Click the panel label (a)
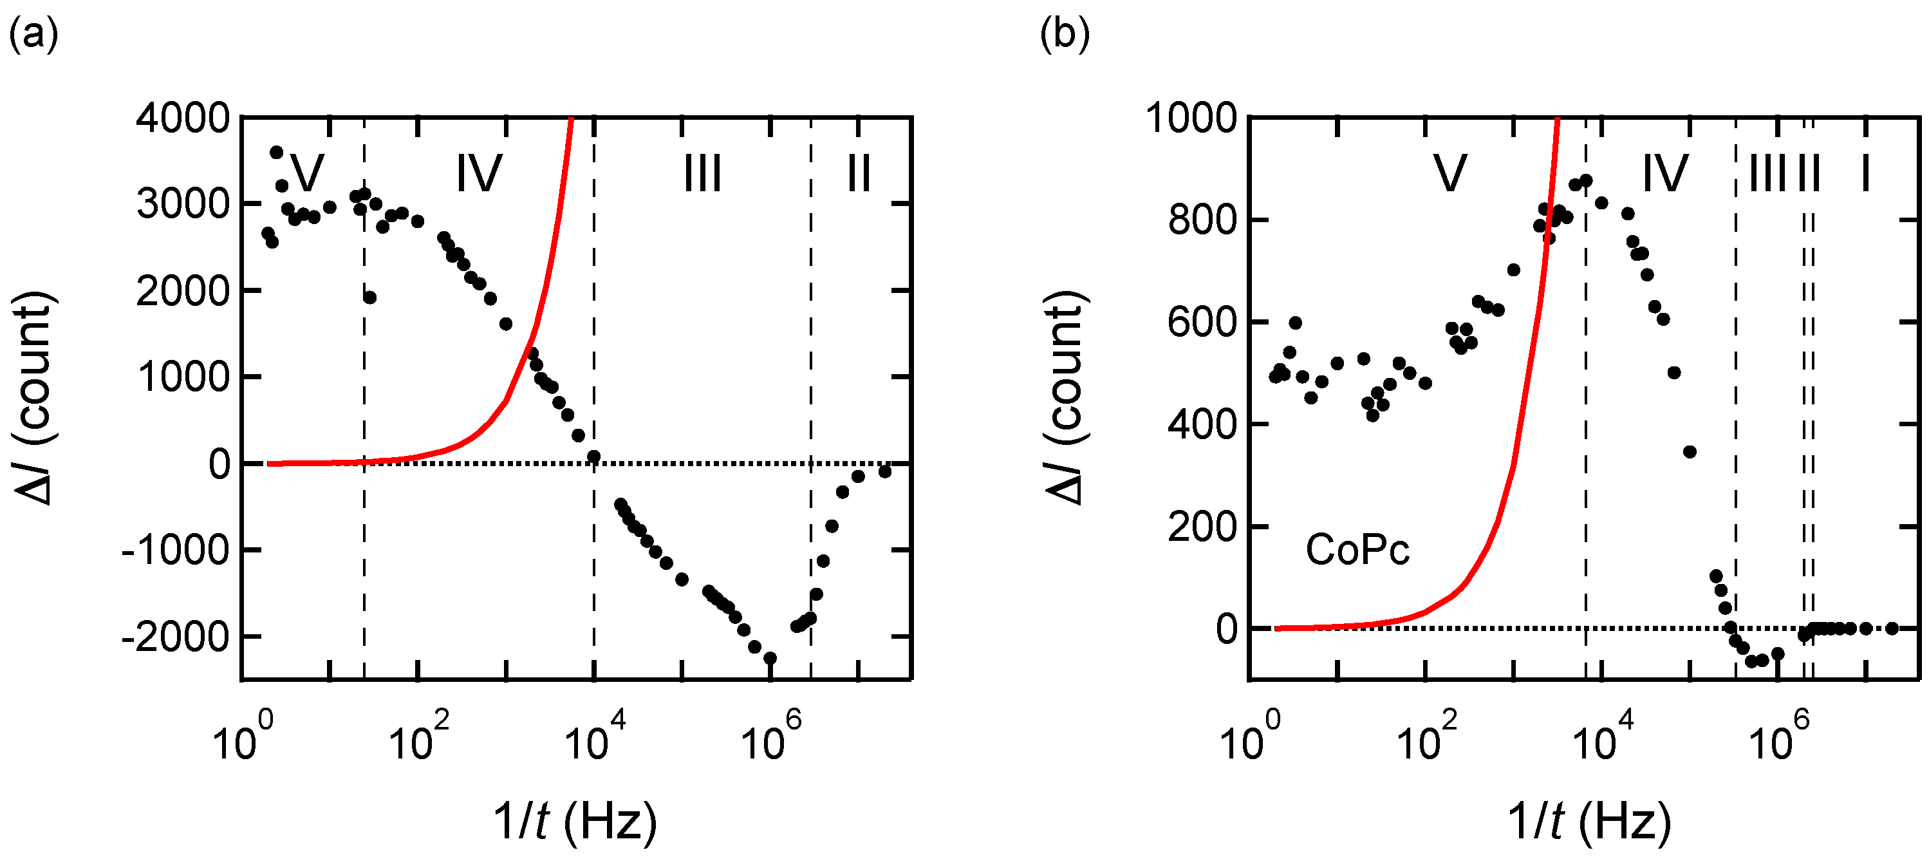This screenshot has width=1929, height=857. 33,35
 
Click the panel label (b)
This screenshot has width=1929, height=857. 1064,35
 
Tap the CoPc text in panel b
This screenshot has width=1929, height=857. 1357,551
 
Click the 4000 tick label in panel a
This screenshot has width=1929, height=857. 182,118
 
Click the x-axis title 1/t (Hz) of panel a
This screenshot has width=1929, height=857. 574,821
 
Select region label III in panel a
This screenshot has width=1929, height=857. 702,174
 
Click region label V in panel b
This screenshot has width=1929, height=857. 1449,174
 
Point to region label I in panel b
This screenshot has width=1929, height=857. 1865,174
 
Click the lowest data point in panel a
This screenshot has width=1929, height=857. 770,659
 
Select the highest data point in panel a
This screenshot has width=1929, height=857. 276,152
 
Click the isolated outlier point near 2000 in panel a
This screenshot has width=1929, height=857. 370,297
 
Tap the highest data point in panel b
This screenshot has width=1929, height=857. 1585,182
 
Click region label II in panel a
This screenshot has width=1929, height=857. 858,174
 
